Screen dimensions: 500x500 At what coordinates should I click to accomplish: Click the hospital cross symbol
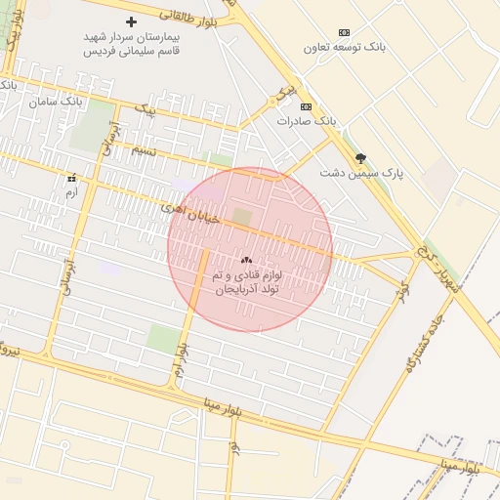tap(132, 21)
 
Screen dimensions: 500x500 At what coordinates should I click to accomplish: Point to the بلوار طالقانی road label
tap(203, 14)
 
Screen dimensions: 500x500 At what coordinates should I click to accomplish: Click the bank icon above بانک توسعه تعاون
tap(343, 32)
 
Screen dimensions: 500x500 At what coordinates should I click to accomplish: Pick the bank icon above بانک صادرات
tap(306, 106)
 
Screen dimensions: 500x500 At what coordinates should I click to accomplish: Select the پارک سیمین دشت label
tap(360, 173)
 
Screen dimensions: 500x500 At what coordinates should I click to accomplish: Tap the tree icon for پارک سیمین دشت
tap(360, 158)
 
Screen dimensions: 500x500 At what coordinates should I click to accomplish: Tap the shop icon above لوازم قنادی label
tap(245, 261)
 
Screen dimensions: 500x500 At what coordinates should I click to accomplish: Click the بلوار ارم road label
tap(182, 360)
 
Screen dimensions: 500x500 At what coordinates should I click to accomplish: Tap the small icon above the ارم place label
tap(70, 179)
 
